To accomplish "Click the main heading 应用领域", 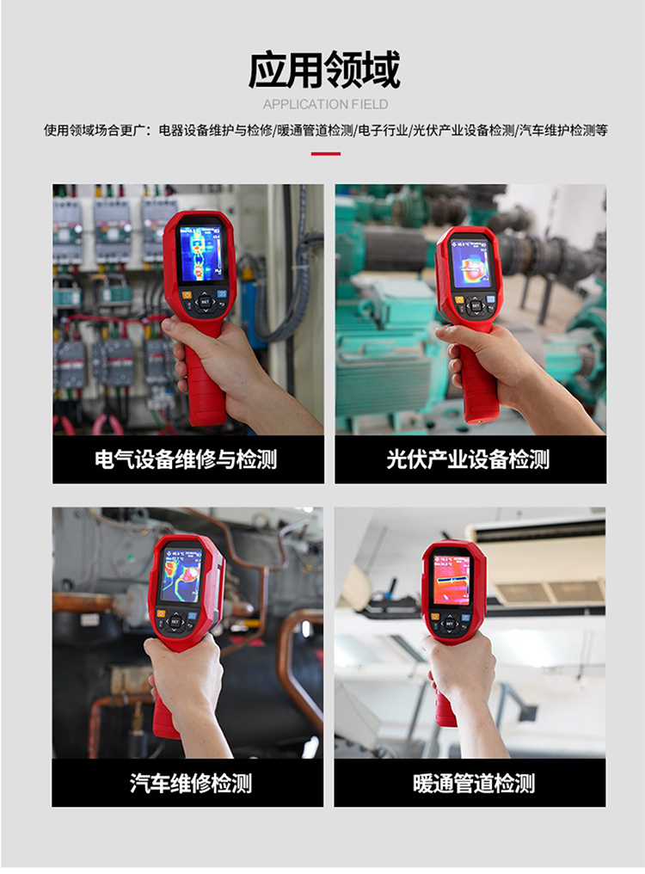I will click(x=324, y=71).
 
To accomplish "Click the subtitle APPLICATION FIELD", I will click(x=325, y=105).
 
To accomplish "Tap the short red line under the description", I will click(x=325, y=154).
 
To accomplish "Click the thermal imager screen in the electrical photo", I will click(x=201, y=253).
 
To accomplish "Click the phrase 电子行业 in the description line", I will click(x=384, y=131).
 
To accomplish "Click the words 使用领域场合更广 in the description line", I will click(x=95, y=131).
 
